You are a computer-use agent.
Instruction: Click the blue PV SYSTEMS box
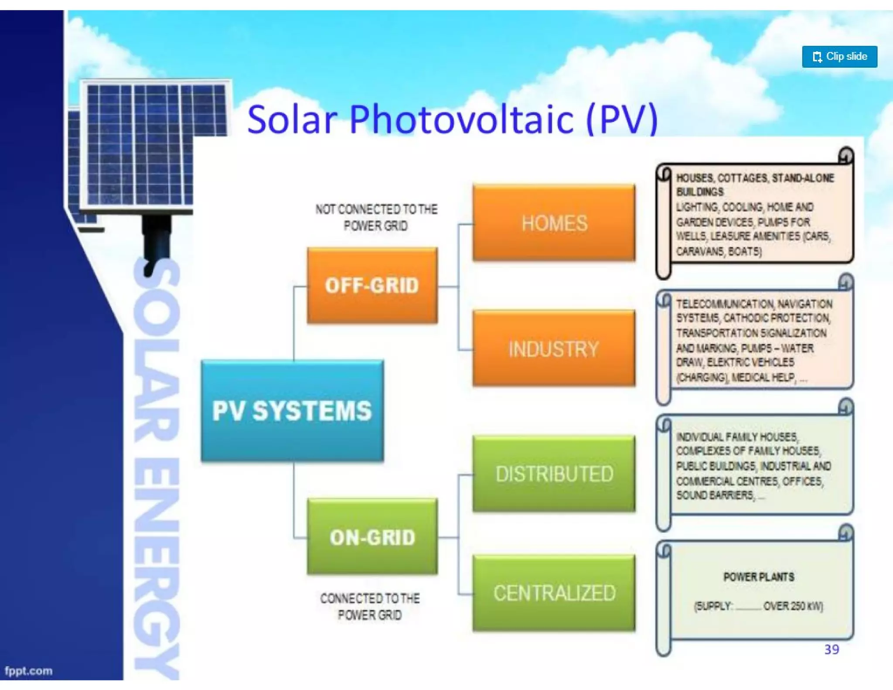click(x=292, y=410)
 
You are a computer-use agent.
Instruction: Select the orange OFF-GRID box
click(x=372, y=286)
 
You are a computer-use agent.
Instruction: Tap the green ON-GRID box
click(x=372, y=537)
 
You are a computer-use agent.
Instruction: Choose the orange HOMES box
click(x=554, y=223)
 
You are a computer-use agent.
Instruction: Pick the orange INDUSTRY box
click(x=554, y=348)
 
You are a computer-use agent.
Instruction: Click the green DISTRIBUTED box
click(x=554, y=474)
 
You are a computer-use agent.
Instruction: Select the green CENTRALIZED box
click(x=554, y=593)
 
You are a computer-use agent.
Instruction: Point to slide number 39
click(x=832, y=649)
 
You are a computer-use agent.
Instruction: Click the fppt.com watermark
click(x=28, y=671)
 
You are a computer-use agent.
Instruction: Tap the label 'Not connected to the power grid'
click(x=376, y=217)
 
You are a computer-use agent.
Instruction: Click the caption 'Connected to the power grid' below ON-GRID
click(x=370, y=606)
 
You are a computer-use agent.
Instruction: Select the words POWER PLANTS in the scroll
click(x=759, y=577)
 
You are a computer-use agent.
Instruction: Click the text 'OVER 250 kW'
click(x=793, y=606)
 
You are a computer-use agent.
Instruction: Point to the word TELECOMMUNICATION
click(x=725, y=304)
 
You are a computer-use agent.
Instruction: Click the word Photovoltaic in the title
click(x=461, y=119)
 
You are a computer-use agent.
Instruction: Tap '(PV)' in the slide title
click(x=622, y=119)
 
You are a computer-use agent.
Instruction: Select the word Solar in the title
click(x=292, y=119)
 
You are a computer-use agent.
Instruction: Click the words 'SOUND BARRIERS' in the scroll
click(x=715, y=495)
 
